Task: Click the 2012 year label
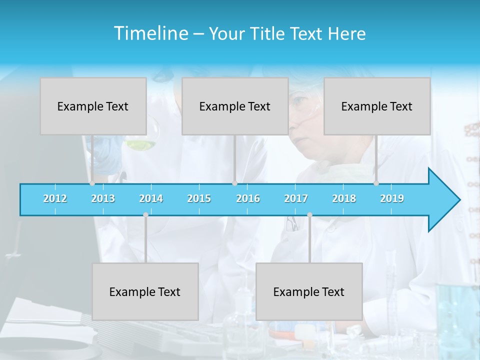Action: pyautogui.click(x=55, y=198)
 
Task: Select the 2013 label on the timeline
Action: pyautogui.click(x=103, y=198)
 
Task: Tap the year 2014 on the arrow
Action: pyautogui.click(x=151, y=198)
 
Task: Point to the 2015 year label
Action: pyautogui.click(x=199, y=198)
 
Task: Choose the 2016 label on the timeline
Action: pyautogui.click(x=248, y=198)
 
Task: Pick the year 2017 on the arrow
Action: pyautogui.click(x=296, y=198)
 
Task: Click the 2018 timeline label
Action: pyautogui.click(x=344, y=198)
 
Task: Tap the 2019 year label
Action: pyautogui.click(x=392, y=198)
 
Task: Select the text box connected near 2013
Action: pyautogui.click(x=93, y=106)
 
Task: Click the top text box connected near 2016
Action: pyautogui.click(x=235, y=106)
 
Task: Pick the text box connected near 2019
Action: pyautogui.click(x=377, y=106)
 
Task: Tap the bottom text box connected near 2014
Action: pyautogui.click(x=145, y=291)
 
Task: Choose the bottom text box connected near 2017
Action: pyautogui.click(x=309, y=291)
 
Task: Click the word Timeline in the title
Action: pyautogui.click(x=150, y=33)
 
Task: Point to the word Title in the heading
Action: pyautogui.click(x=270, y=33)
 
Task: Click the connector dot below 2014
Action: pyautogui.click(x=145, y=215)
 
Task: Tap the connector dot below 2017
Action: pyautogui.click(x=309, y=215)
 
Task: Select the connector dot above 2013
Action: pyautogui.click(x=92, y=183)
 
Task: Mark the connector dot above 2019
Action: pyautogui.click(x=376, y=183)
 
